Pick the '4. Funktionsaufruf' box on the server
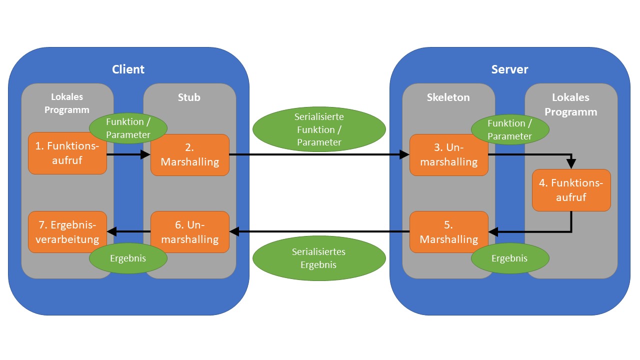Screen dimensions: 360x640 [x=571, y=190]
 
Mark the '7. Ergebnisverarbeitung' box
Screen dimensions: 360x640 [x=67, y=232]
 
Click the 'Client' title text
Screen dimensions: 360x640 [x=128, y=69]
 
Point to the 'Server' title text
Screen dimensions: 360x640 [x=509, y=69]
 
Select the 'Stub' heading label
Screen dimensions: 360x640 [x=189, y=97]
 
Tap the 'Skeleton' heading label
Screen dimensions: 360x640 [x=448, y=97]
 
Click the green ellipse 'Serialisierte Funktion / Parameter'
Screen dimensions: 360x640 [x=319, y=129]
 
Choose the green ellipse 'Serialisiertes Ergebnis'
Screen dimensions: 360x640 [x=319, y=258]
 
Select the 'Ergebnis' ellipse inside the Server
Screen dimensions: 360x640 [x=509, y=258]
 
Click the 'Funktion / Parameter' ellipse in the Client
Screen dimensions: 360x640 [x=128, y=129]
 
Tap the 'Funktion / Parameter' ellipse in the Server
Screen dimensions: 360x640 [x=509, y=129]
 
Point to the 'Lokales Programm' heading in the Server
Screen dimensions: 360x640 [x=570, y=104]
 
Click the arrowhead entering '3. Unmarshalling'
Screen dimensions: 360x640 [x=405, y=155]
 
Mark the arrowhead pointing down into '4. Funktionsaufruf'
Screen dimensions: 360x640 [x=571, y=164]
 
